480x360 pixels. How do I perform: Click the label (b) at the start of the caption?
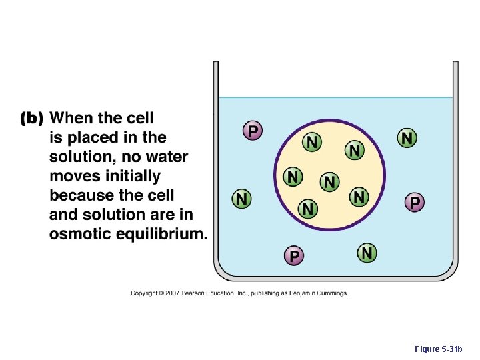click(x=32, y=119)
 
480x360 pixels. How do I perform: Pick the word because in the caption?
click(x=85, y=196)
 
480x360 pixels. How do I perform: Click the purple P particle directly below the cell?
click(x=294, y=255)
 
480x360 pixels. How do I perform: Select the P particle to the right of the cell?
click(x=414, y=201)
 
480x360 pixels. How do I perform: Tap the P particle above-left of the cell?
click(x=252, y=130)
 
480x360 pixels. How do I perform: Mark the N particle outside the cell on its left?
click(x=241, y=199)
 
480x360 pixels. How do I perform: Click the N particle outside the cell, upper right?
click(x=407, y=138)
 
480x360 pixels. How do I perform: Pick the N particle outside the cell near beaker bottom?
click(x=367, y=253)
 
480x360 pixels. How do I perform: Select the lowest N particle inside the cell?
click(x=307, y=209)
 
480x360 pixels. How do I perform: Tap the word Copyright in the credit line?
click(x=145, y=293)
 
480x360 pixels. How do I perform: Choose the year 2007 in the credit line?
click(x=173, y=293)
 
